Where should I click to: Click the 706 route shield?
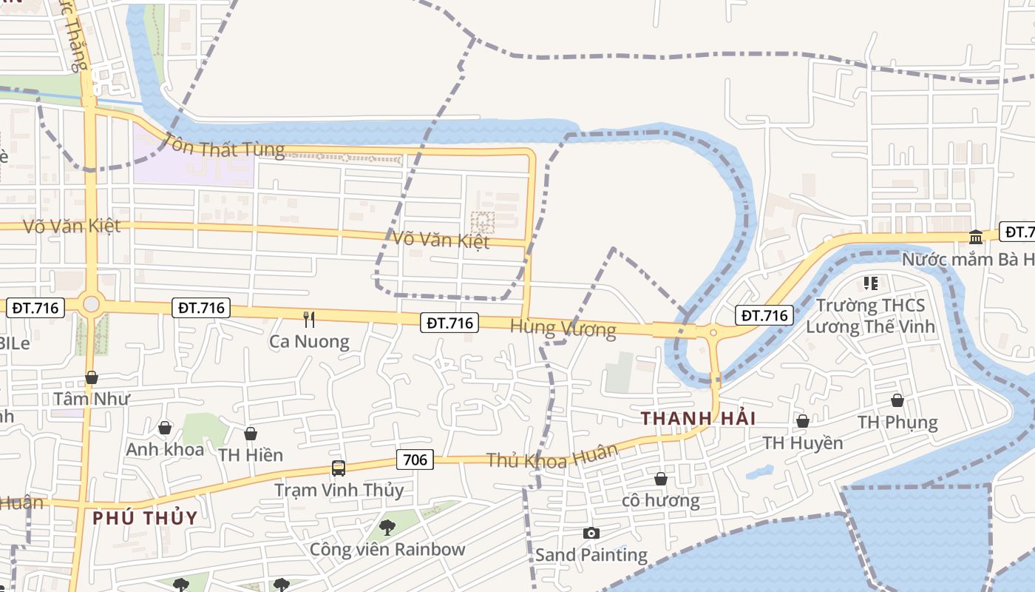pyautogui.click(x=415, y=460)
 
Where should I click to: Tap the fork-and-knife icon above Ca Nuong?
pyautogui.click(x=309, y=320)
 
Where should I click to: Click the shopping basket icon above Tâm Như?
pyautogui.click(x=92, y=377)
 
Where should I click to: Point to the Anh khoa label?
pyautogui.click(x=165, y=449)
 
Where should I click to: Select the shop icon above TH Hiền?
pyautogui.click(x=251, y=434)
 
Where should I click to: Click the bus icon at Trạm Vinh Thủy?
pyautogui.click(x=339, y=468)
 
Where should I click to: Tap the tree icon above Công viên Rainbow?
pyautogui.click(x=387, y=528)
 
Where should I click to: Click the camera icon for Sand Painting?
pyautogui.click(x=591, y=533)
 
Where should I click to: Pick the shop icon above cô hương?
pyautogui.click(x=661, y=479)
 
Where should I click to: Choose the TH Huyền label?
pyautogui.click(x=803, y=443)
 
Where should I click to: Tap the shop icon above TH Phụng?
pyautogui.click(x=897, y=400)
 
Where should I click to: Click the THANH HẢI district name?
pyautogui.click(x=698, y=418)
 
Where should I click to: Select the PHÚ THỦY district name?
pyautogui.click(x=145, y=517)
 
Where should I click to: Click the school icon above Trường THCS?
pyautogui.click(x=871, y=283)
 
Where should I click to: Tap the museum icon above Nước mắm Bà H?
pyautogui.click(x=976, y=237)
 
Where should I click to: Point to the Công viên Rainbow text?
pyautogui.click(x=387, y=549)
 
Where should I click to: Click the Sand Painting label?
pyautogui.click(x=591, y=554)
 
